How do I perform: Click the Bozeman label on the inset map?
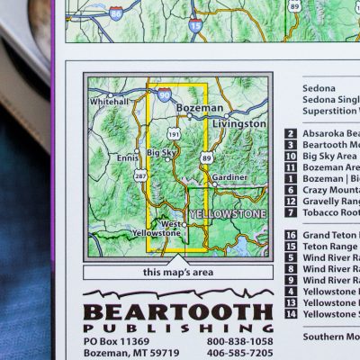coord(200,108)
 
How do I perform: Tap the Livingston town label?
coord(238,122)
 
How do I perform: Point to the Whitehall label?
coord(109,102)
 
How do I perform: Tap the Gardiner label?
coord(229,177)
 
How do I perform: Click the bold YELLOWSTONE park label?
coord(228,214)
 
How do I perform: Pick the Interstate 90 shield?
coord(164,93)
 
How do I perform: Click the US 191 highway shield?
coord(174,133)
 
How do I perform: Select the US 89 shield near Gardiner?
coord(207,157)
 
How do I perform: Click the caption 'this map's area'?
coord(176,272)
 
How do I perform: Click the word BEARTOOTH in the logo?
coord(177,313)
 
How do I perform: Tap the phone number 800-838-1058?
coord(239,342)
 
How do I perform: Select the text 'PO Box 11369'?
coord(116,342)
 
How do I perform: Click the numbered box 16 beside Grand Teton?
coord(291,236)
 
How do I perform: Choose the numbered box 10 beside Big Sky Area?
coord(291,156)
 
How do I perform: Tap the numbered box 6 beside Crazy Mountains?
coord(291,190)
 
